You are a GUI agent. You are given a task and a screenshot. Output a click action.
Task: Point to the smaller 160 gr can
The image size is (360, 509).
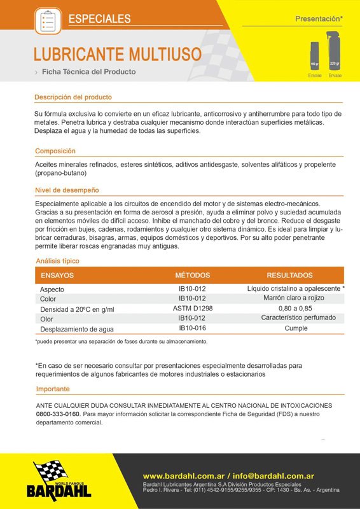tap(314, 56)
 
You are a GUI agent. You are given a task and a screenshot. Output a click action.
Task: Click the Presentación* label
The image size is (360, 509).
tap(319, 20)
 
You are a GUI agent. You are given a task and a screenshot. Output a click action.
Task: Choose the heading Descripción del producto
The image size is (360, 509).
tap(73, 97)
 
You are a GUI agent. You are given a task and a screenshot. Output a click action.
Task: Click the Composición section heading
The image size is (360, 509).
tap(55, 151)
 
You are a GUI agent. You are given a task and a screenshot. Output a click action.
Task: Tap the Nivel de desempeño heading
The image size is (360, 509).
tap(67, 190)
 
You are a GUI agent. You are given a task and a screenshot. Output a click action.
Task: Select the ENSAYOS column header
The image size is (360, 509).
tap(57, 275)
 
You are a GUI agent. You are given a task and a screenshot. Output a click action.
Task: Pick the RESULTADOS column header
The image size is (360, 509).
tap(289, 275)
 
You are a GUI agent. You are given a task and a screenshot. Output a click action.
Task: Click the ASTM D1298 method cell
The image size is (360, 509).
tap(193, 308)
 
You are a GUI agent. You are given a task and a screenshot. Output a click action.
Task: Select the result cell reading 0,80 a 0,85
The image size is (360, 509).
tap(295, 308)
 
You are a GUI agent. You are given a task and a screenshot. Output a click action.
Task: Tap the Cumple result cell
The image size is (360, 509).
tap(296, 328)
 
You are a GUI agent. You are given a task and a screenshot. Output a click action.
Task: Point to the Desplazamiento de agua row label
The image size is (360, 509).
tap(76, 329)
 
